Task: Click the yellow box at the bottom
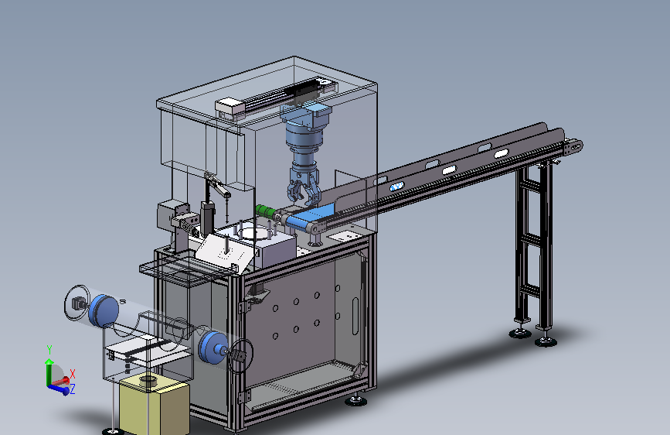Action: pyautogui.click(x=154, y=404)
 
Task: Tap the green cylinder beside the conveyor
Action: pyautogui.click(x=265, y=211)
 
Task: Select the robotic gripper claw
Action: pyautogui.click(x=304, y=187)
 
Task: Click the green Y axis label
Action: pyautogui.click(x=49, y=350)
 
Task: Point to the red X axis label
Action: pyautogui.click(x=72, y=374)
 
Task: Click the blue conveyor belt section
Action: pyautogui.click(x=309, y=217)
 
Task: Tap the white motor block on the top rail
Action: pyautogui.click(x=230, y=108)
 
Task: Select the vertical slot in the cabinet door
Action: pyautogui.click(x=355, y=316)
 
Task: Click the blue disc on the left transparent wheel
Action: pyautogui.click(x=104, y=310)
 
